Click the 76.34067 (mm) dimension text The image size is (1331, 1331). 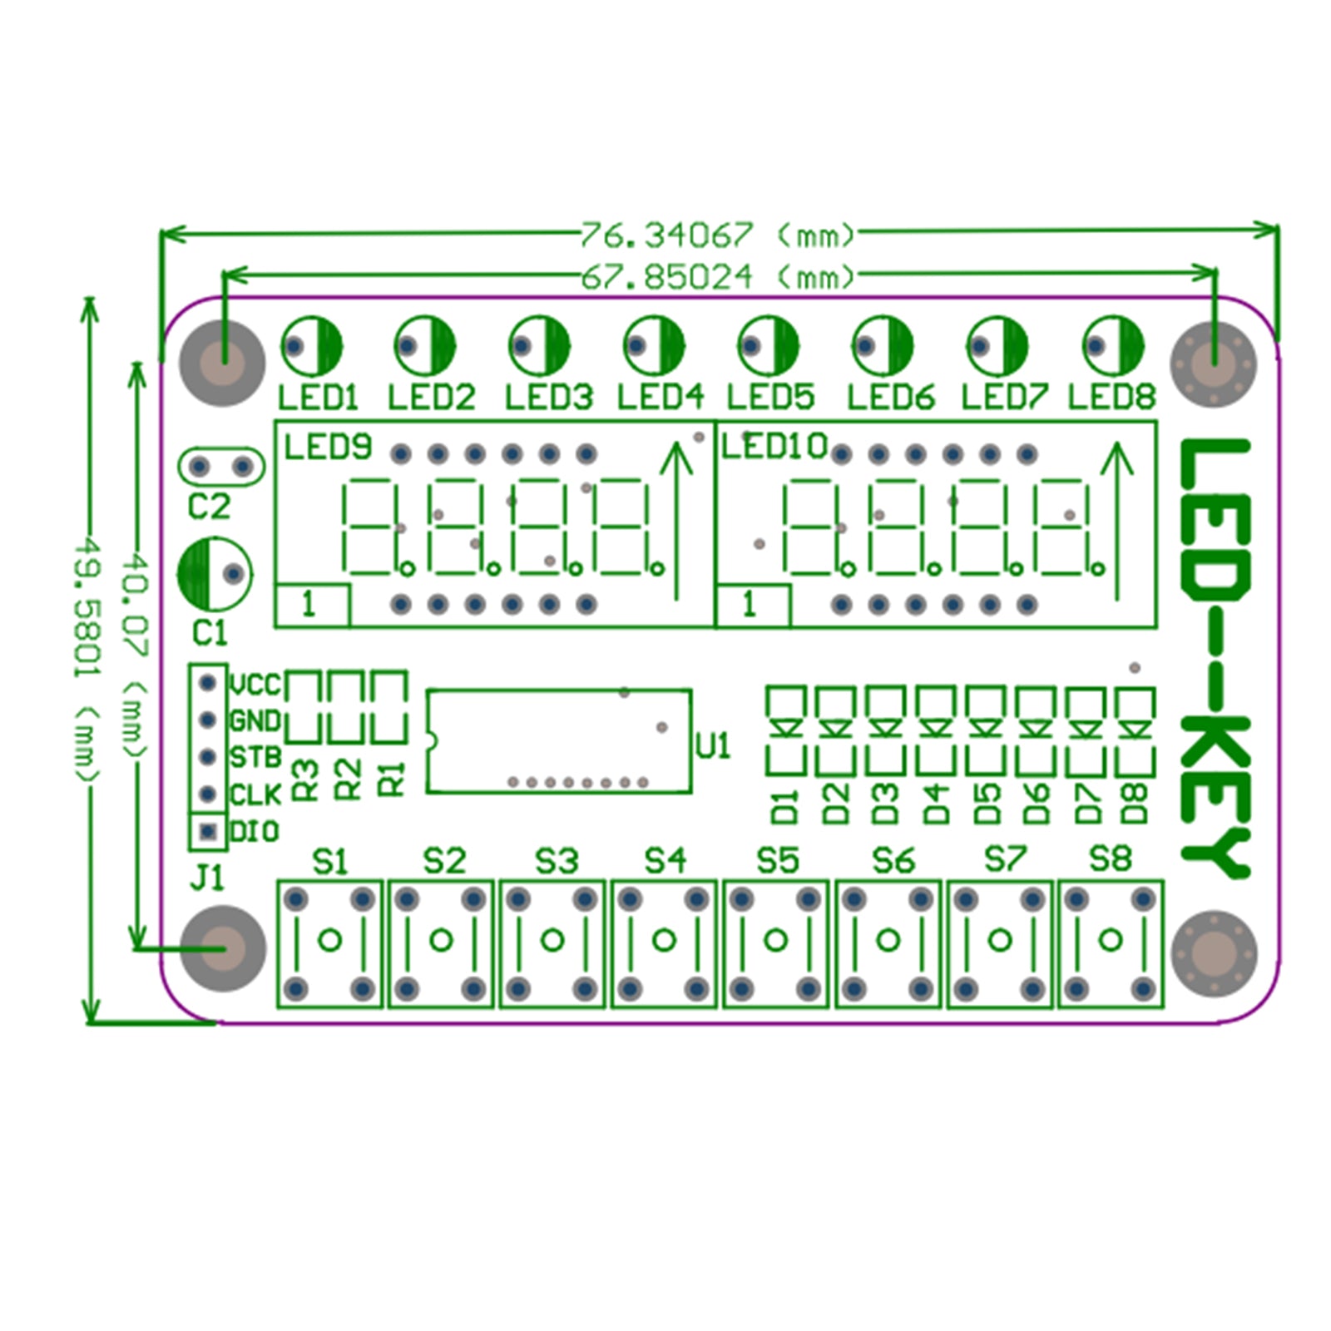click(717, 235)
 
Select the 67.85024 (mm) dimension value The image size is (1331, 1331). click(717, 276)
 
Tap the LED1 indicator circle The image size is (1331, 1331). click(311, 344)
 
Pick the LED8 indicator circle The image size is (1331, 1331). click(1112, 344)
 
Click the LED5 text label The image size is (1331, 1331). click(770, 397)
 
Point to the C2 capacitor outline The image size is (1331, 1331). click(220, 467)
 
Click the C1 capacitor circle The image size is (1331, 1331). click(214, 574)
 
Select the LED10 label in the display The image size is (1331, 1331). click(774, 448)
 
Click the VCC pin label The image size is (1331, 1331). click(255, 685)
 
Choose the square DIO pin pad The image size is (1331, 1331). click(208, 831)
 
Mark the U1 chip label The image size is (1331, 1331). click(712, 746)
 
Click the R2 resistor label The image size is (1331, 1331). click(349, 779)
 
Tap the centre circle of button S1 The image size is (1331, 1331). click(329, 941)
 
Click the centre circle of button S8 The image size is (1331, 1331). click(1111, 941)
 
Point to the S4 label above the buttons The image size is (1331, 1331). click(665, 860)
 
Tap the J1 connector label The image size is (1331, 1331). click(207, 878)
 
